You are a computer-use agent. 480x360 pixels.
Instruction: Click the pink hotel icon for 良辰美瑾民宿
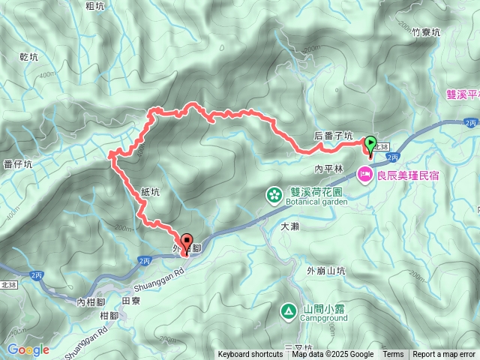point(366,174)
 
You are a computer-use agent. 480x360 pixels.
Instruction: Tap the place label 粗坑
point(95,6)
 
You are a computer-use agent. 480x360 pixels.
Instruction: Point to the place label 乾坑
point(28,56)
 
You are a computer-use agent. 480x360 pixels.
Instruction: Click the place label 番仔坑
point(16,163)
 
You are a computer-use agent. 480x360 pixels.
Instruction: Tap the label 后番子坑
point(334,136)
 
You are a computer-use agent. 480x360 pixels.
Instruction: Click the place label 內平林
point(328,169)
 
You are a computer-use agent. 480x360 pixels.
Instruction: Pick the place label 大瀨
point(290,226)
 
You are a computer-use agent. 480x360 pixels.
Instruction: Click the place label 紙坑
point(150,192)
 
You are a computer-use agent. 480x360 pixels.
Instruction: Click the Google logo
point(28,349)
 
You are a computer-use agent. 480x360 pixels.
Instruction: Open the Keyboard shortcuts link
point(250,355)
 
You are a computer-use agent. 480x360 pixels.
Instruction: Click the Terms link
point(393,355)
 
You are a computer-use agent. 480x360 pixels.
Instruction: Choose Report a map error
point(444,355)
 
